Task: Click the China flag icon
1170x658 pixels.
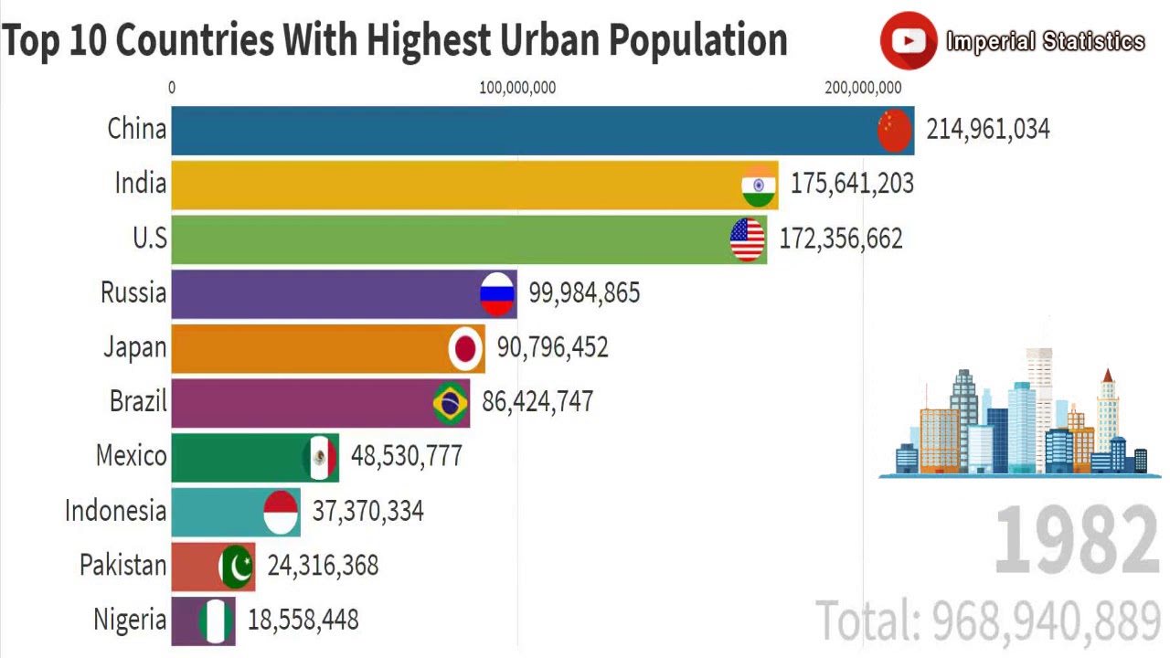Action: click(x=895, y=130)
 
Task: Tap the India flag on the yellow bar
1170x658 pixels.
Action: click(x=759, y=185)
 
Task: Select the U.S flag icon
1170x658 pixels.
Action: click(x=748, y=239)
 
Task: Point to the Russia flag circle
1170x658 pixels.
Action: click(x=497, y=293)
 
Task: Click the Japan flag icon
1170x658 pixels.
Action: click(x=465, y=348)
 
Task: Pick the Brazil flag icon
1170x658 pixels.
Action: click(x=450, y=403)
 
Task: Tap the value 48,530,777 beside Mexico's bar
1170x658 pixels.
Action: click(x=407, y=456)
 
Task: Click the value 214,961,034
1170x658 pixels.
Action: click(x=988, y=130)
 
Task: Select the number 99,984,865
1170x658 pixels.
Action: click(x=584, y=293)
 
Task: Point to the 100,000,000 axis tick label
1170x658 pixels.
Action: click(x=517, y=88)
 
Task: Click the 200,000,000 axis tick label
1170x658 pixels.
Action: click(x=863, y=88)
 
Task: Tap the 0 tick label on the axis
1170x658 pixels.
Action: click(x=172, y=88)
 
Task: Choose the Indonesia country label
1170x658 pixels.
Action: click(x=116, y=511)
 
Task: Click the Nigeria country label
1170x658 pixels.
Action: click(x=130, y=620)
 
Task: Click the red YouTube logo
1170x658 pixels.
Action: click(x=909, y=40)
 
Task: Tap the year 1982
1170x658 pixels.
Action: click(x=1077, y=542)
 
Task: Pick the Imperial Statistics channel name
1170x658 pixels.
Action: click(x=1045, y=42)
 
